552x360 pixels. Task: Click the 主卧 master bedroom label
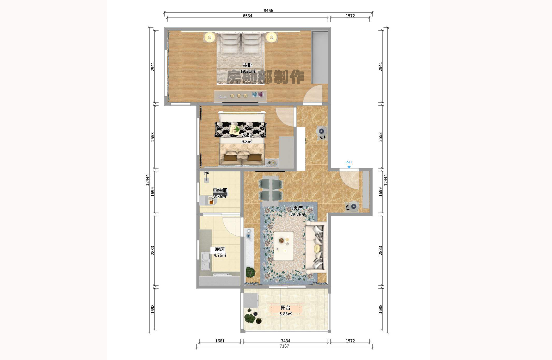pyautogui.click(x=247, y=65)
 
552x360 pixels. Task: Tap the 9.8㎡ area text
pyautogui.click(x=246, y=141)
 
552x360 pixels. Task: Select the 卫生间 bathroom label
pyautogui.click(x=220, y=190)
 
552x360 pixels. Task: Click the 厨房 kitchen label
pyautogui.click(x=220, y=249)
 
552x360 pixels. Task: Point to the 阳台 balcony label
pyautogui.click(x=285, y=308)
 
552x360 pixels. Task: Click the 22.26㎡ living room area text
pyautogui.click(x=298, y=214)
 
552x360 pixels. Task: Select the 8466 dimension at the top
pyautogui.click(x=268, y=10)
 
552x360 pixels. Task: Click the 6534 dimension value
pyautogui.click(x=247, y=16)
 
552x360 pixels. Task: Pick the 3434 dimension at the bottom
pyautogui.click(x=285, y=341)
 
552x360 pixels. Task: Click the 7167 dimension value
pyautogui.click(x=284, y=346)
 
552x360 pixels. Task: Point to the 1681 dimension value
pyautogui.click(x=220, y=341)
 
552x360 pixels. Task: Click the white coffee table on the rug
pyautogui.click(x=284, y=246)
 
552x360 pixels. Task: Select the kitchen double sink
pyautogui.click(x=206, y=261)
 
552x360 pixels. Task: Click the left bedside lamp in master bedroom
pyautogui.click(x=209, y=37)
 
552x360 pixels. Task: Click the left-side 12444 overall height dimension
pyautogui.click(x=147, y=180)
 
